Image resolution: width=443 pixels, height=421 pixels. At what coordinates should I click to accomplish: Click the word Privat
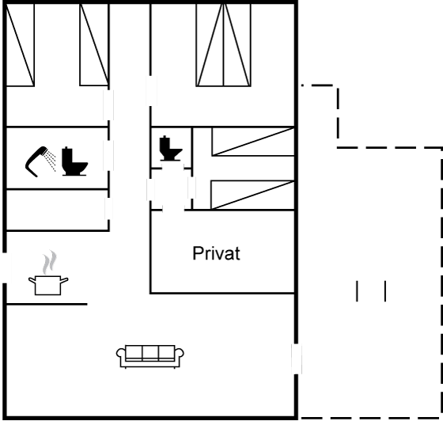point(217,253)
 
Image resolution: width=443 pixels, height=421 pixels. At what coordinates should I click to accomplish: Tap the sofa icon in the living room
point(150,356)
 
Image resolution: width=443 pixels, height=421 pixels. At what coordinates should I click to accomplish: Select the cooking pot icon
point(48,285)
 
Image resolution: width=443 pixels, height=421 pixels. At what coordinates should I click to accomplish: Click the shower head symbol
point(36,161)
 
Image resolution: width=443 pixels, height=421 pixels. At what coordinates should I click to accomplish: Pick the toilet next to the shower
point(74,161)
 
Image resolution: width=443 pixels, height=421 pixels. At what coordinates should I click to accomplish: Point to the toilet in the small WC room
point(170,148)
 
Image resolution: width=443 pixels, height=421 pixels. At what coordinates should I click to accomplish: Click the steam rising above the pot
point(49,262)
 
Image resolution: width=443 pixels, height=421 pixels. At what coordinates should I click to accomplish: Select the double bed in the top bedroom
point(223,44)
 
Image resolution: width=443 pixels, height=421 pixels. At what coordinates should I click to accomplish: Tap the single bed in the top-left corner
point(20,44)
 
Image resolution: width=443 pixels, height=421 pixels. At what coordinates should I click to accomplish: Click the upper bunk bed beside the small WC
point(253,142)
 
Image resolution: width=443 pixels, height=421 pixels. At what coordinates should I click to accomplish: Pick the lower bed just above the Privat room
point(252,195)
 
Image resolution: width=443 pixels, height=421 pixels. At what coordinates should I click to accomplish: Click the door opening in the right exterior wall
point(297,358)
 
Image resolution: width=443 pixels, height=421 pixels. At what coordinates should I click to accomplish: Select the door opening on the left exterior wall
point(5,267)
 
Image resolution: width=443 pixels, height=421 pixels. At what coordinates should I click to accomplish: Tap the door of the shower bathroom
point(108,155)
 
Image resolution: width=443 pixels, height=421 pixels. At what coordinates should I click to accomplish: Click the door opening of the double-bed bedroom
point(151,91)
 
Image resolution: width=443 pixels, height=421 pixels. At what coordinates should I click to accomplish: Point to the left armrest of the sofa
point(121,355)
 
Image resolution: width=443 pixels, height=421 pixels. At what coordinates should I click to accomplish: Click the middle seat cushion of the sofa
point(150,353)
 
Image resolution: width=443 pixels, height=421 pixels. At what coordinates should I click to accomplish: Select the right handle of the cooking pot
point(64,280)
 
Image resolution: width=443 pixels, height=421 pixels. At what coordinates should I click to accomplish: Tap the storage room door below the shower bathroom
point(108,209)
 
